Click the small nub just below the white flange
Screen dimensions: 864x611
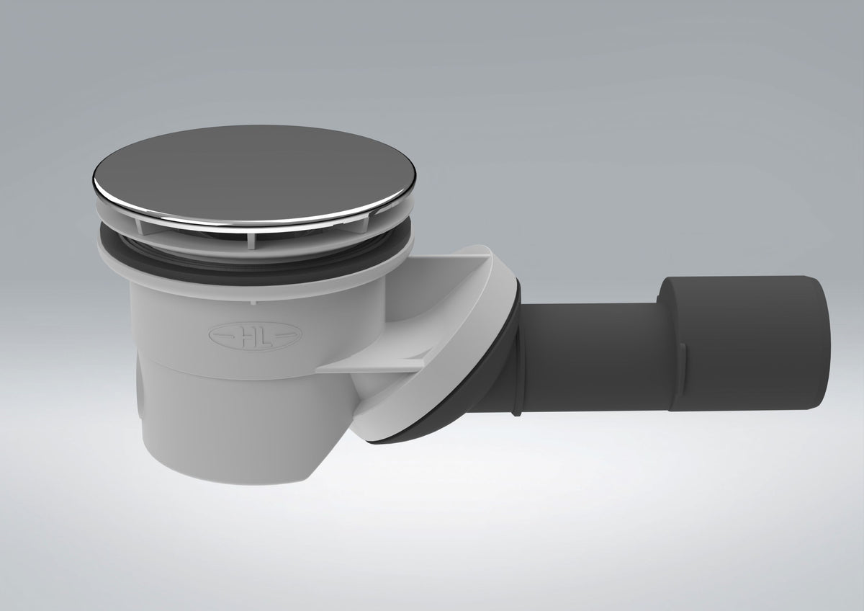click(x=253, y=302)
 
